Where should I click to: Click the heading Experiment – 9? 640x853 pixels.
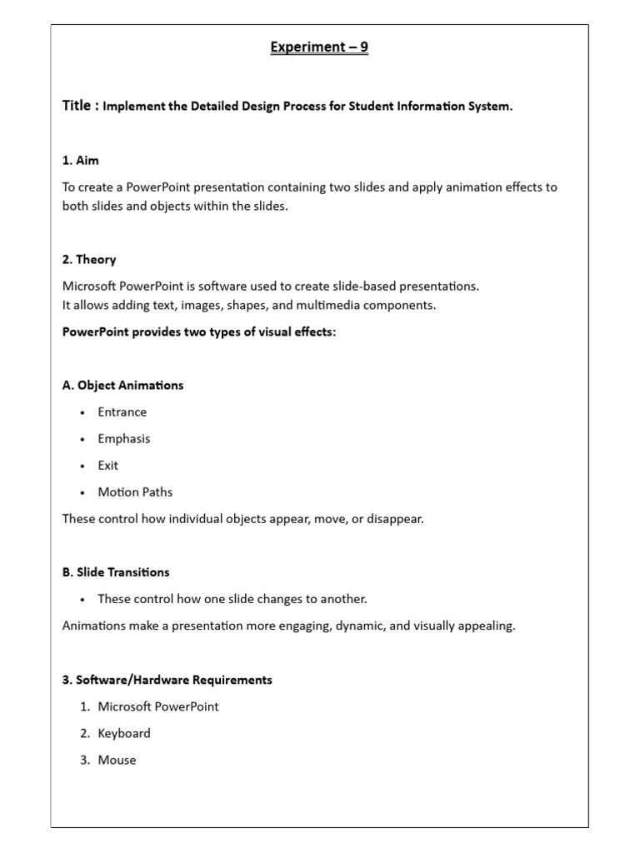click(x=319, y=47)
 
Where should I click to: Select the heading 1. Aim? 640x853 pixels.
click(x=81, y=160)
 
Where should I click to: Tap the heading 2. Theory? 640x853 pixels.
click(x=89, y=259)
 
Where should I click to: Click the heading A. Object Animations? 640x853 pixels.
click(x=122, y=385)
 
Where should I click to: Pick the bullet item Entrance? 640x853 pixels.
click(x=122, y=412)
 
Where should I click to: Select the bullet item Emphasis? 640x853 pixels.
click(x=124, y=438)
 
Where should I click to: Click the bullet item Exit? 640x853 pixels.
click(x=108, y=465)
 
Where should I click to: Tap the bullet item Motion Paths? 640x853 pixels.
click(x=135, y=491)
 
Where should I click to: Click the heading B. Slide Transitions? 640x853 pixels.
click(x=116, y=571)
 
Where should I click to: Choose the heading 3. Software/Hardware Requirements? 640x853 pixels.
click(x=167, y=680)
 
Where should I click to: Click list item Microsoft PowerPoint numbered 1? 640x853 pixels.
click(x=158, y=706)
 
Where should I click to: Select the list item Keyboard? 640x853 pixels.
click(x=124, y=733)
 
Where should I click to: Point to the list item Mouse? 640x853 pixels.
click(x=117, y=760)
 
